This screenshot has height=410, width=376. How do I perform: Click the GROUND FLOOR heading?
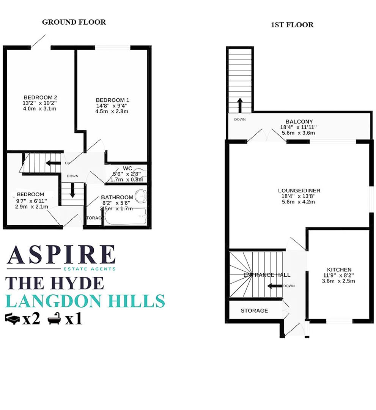(x=74, y=22)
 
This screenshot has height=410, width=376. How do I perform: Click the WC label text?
(x=127, y=169)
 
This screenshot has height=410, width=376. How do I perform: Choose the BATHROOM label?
(x=117, y=197)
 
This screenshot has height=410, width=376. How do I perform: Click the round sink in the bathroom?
(x=141, y=196)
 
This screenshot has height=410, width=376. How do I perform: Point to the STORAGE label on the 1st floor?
(x=254, y=311)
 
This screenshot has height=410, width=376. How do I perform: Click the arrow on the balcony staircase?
(x=240, y=105)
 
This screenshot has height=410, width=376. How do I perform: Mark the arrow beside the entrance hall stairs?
(x=274, y=286)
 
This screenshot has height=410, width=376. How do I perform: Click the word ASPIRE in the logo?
(x=61, y=255)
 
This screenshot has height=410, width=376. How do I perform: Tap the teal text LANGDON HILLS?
(x=86, y=301)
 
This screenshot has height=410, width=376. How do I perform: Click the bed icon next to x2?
(x=12, y=319)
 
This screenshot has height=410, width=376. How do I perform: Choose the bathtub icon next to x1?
(x=55, y=319)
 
